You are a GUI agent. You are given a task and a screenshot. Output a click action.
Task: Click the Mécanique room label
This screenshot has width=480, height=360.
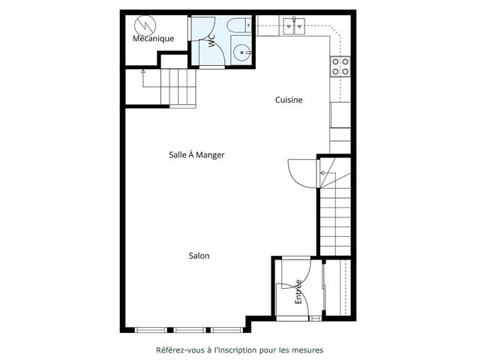pos(153,38)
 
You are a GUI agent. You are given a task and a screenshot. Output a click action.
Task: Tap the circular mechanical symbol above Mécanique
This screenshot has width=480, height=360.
pos(145,25)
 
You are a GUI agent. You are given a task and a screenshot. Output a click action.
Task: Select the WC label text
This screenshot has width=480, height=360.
pos(211,41)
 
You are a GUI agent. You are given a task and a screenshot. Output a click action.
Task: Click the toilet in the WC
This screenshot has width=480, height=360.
pos(240,25)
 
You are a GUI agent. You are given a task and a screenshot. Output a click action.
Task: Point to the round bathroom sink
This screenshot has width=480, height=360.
pos(241,52)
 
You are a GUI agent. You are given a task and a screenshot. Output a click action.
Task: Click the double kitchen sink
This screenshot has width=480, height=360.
pos(294,26)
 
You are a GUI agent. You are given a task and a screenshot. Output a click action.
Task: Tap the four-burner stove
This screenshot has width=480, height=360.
pos(340,67)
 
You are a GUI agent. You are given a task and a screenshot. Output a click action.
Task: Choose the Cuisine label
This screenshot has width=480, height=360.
pos(289,100)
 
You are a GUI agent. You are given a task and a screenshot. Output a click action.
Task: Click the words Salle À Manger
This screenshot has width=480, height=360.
pos(196,155)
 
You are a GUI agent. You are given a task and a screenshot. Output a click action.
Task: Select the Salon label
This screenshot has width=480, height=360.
pos(199,256)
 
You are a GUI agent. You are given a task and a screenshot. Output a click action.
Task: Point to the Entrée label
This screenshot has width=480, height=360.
pos(298,292)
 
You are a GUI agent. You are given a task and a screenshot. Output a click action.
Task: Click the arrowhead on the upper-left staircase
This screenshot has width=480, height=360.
pos(143,72)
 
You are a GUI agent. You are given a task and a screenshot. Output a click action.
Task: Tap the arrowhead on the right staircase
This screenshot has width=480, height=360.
pos(322,173)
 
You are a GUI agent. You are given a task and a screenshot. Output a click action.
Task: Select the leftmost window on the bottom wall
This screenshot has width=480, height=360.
pos(151,330)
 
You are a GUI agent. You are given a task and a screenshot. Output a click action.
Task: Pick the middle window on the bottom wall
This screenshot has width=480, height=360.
pos(190,330)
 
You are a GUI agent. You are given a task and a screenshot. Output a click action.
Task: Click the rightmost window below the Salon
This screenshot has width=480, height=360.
pos(226,330)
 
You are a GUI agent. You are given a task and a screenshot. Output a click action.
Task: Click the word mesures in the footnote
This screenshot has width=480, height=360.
pos(307,350)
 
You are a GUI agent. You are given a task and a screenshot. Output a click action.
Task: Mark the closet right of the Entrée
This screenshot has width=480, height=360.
pos(338,287)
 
